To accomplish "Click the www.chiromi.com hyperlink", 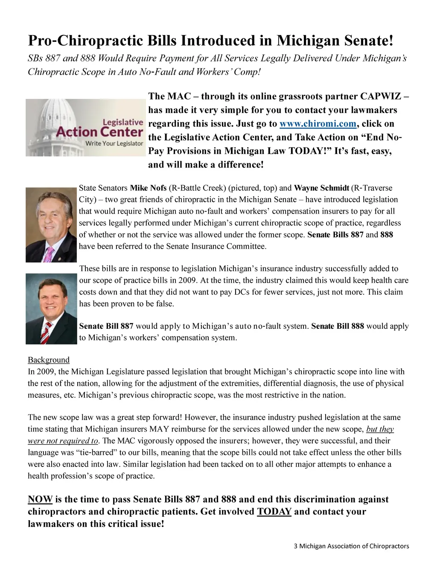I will pyautogui.click(x=318, y=124).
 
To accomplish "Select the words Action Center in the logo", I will pyautogui.click(x=100, y=132).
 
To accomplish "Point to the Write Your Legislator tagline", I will pyautogui.click(x=114, y=144).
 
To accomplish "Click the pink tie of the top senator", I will pyautogui.click(x=49, y=254).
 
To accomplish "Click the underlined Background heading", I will pyautogui.click(x=49, y=360).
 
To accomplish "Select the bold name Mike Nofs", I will pyautogui.click(x=148, y=188).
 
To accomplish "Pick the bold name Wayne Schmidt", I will pyautogui.click(x=321, y=188).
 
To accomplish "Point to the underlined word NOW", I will pyautogui.click(x=40, y=499).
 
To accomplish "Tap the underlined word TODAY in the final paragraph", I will pyautogui.click(x=274, y=512).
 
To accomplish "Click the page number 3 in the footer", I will pyautogui.click(x=295, y=546).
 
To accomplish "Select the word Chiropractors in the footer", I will pyautogui.click(x=389, y=546).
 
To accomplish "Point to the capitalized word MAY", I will pyautogui.click(x=160, y=429).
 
